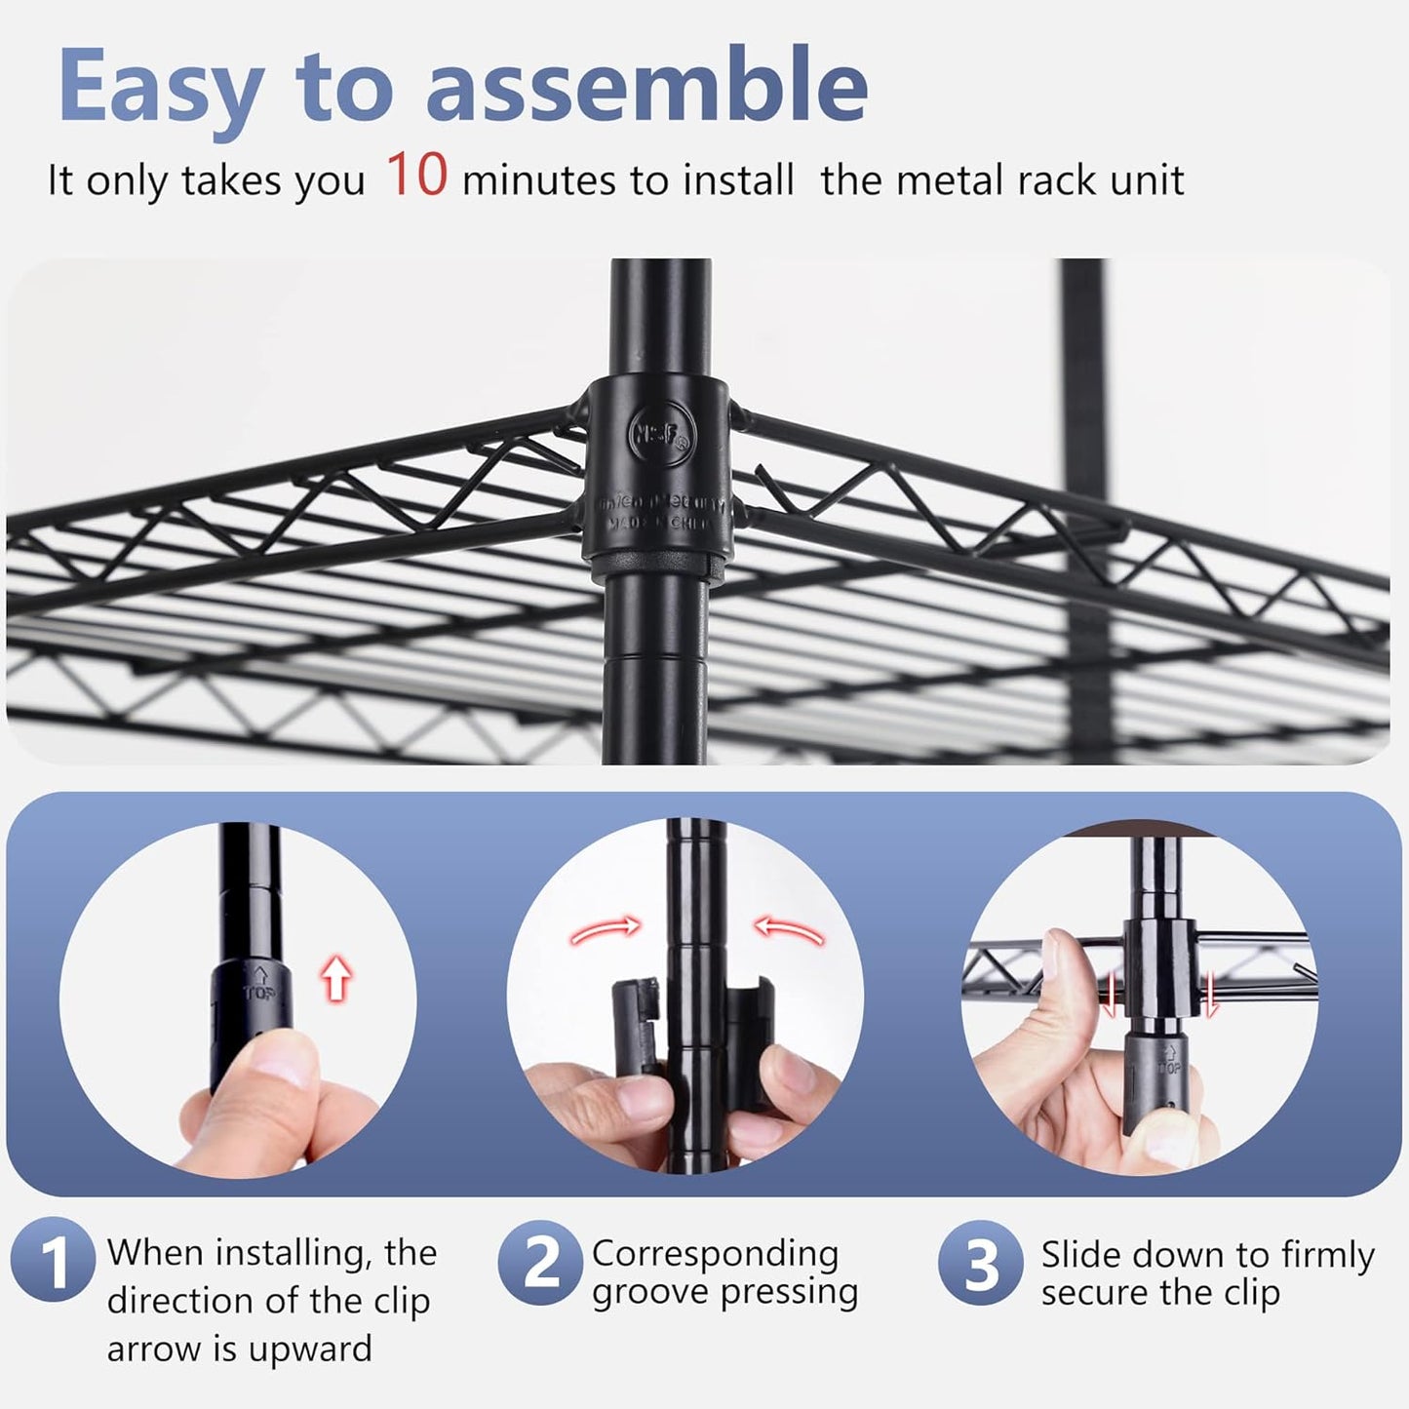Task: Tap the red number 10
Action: click(416, 175)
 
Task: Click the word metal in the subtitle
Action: click(951, 181)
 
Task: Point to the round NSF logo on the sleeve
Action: click(661, 429)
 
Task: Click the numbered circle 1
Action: click(54, 1263)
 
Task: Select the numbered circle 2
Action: click(541, 1263)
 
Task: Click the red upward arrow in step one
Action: click(335, 978)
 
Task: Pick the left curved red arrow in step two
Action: click(606, 931)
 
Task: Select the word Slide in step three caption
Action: click(1080, 1255)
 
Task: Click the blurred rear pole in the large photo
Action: click(1082, 390)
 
